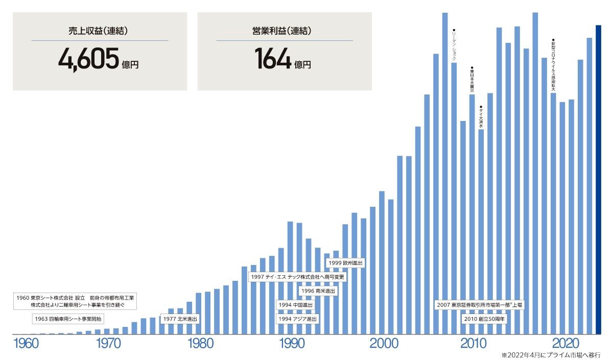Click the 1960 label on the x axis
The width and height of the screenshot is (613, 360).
(x=26, y=344)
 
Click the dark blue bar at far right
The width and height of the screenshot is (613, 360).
(x=598, y=179)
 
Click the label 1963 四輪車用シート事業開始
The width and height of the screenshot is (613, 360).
(x=68, y=319)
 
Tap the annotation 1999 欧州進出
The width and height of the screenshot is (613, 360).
(x=345, y=263)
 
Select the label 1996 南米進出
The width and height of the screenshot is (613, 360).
(x=318, y=291)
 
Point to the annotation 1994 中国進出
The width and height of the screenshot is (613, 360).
(x=295, y=305)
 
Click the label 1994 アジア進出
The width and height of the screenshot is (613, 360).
(x=297, y=319)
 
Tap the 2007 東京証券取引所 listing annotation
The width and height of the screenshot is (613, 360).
(x=480, y=305)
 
